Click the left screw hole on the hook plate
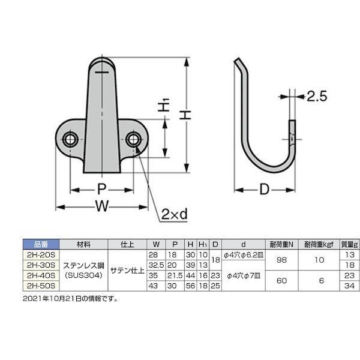pyautogui.click(x=70, y=139)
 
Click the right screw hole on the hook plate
pyautogui.click(x=133, y=139)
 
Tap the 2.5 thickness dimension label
pyautogui.click(x=317, y=97)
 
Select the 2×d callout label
pyautogui.click(x=174, y=214)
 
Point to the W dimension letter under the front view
pyautogui.click(x=102, y=206)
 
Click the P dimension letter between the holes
pyautogui.click(x=101, y=190)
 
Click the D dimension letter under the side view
pyautogui.click(x=264, y=190)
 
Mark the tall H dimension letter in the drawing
pyautogui.click(x=185, y=115)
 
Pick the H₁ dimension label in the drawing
pyautogui.click(x=163, y=105)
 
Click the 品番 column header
pyautogui.click(x=41, y=244)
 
